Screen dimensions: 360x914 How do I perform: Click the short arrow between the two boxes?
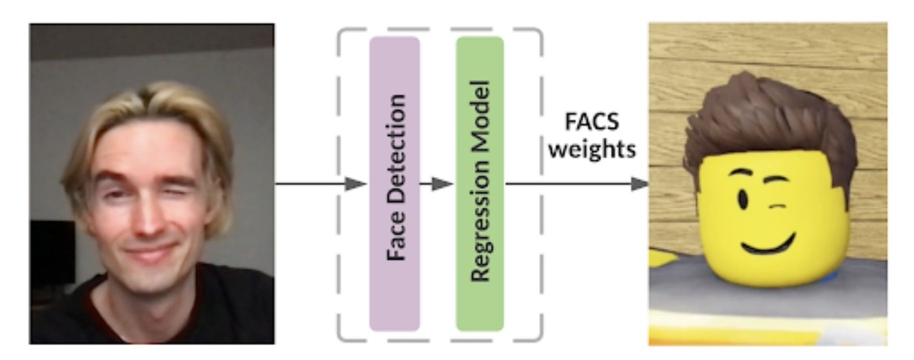(x=437, y=184)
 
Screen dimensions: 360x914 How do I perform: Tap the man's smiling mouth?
(x=150, y=251)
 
